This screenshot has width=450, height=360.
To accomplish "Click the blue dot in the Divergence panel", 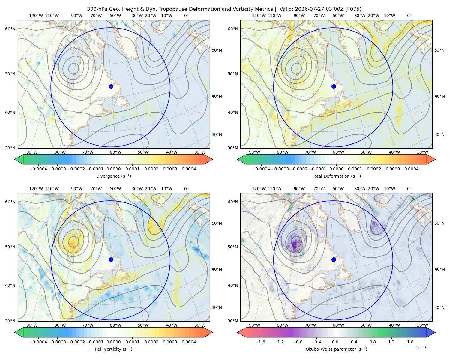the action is point(111,86).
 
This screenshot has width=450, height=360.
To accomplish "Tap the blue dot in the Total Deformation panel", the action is point(334,86).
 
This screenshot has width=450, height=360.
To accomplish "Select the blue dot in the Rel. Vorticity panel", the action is point(111,259).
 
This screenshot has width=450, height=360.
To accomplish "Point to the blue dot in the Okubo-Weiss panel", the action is point(334,259).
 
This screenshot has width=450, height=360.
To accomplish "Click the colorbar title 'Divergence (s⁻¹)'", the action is point(113,176).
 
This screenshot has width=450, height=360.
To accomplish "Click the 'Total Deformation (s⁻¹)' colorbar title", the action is point(336,176).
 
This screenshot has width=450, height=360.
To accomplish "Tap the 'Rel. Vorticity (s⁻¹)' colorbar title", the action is point(113,349).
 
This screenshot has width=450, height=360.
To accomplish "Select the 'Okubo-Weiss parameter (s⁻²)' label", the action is point(336,349).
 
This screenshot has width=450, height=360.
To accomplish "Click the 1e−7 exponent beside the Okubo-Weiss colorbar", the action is point(421,348).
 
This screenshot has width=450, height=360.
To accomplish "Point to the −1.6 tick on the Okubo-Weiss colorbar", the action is point(260,342).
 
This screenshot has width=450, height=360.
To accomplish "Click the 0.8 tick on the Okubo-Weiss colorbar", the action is point(373,342).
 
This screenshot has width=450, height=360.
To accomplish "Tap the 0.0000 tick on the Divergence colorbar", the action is point(113,169).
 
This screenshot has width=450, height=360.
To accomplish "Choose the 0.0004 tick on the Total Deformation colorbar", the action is point(411,169).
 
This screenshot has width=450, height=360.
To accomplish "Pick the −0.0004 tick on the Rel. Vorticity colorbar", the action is point(38,342).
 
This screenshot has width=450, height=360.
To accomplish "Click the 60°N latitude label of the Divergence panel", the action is point(10,29).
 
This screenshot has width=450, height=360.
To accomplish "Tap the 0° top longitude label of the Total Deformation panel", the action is point(409,16).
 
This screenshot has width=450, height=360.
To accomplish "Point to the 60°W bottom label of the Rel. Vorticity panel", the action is point(115,325).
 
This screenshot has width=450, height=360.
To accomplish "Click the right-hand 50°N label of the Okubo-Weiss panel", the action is point(439,223).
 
